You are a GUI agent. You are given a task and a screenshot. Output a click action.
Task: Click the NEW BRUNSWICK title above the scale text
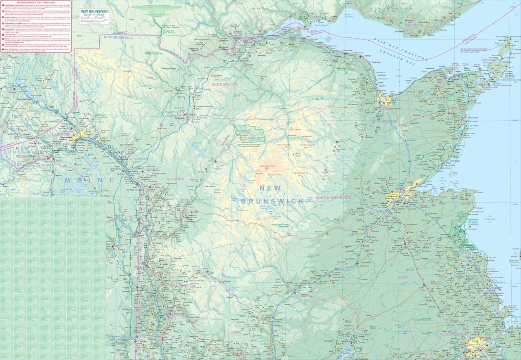pos(94,12)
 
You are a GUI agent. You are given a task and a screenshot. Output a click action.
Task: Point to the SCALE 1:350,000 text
pos(94,15)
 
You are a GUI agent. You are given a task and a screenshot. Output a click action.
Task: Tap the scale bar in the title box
pos(94,18)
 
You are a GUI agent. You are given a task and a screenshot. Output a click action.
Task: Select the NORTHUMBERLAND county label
pos(333,198)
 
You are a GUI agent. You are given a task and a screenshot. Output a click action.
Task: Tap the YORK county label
pos(236,332)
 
